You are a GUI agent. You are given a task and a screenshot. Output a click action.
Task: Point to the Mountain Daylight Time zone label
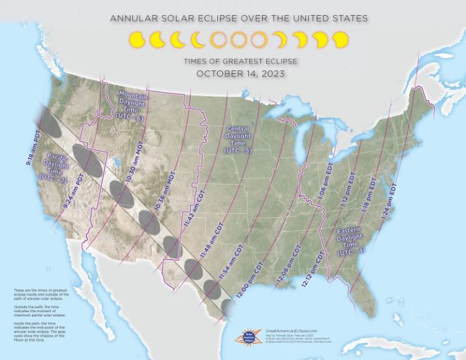click(x=132, y=105)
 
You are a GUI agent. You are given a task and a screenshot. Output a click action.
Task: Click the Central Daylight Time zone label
click(x=238, y=139)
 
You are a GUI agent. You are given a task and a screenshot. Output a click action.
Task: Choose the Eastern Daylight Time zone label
click(x=351, y=240)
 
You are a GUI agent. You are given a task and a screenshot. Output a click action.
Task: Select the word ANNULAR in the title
click(x=132, y=19)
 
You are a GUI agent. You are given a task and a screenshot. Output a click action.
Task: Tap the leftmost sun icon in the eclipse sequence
click(x=137, y=40)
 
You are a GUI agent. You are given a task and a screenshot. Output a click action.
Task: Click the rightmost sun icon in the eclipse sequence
click(x=340, y=40)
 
